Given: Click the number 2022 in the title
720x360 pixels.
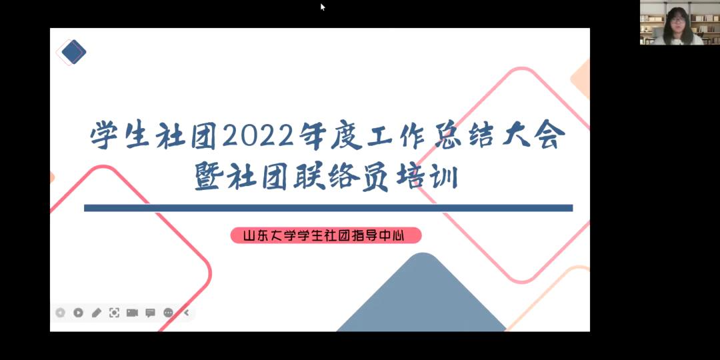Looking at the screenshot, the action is [x=257, y=137].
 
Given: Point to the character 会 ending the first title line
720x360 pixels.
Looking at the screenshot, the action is [x=551, y=136].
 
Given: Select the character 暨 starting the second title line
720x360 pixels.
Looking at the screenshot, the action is [x=209, y=178].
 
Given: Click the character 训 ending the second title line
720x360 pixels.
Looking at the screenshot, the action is [x=444, y=178].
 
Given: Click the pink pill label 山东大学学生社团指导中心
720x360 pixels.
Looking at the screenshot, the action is [x=325, y=236].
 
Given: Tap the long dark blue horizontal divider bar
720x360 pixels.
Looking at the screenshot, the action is [x=328, y=208].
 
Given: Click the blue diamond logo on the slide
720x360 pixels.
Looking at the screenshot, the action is [x=73, y=53].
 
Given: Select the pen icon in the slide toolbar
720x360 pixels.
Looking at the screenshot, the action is [x=97, y=313].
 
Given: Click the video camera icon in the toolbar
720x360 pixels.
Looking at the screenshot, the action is [x=132, y=313].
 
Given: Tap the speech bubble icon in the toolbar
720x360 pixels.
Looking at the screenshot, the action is [x=150, y=313].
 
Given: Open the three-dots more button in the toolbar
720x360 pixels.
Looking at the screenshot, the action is [x=169, y=313].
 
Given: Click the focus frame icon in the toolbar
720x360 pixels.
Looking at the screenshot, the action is [x=115, y=313].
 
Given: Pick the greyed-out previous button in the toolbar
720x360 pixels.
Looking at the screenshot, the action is [x=60, y=313].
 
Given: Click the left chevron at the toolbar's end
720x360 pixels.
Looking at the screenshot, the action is [x=187, y=313].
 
